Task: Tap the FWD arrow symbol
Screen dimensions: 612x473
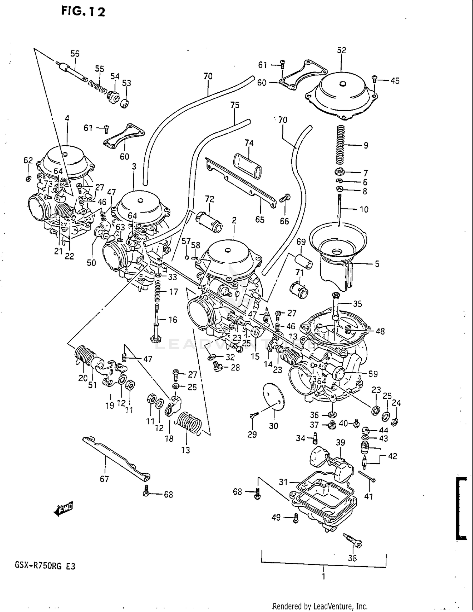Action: (x=64, y=508)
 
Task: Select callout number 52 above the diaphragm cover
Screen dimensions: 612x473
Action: (x=341, y=50)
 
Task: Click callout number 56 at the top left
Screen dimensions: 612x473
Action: (x=75, y=54)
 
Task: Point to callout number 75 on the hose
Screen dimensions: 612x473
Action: (x=235, y=105)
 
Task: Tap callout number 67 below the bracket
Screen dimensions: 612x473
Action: (x=104, y=479)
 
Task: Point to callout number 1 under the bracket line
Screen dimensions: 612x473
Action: (x=323, y=577)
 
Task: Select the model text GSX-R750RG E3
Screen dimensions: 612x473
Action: (x=45, y=566)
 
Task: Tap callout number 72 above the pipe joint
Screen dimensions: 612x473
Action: (x=209, y=199)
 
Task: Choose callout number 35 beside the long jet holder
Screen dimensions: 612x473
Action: (x=357, y=304)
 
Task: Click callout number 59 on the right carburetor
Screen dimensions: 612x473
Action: (x=373, y=374)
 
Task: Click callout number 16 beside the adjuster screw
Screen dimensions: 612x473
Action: (x=172, y=319)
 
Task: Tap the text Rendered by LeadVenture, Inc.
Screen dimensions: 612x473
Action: (x=320, y=606)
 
